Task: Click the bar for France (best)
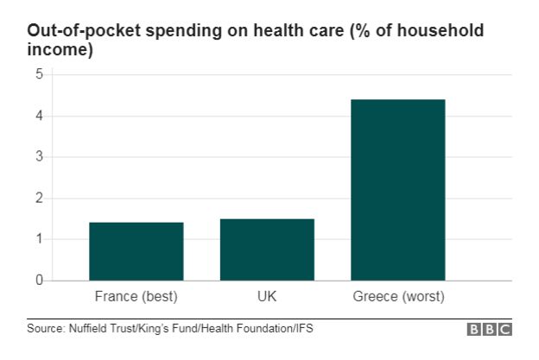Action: click(136, 251)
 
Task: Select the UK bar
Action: click(267, 249)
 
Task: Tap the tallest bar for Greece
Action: click(397, 190)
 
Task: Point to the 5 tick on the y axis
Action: click(39, 75)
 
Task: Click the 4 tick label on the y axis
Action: click(39, 116)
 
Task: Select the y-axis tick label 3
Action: click(39, 157)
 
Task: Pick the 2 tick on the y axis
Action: click(39, 199)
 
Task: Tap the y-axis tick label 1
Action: click(39, 239)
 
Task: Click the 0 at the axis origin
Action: click(39, 281)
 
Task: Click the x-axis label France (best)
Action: click(136, 298)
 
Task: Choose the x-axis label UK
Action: click(267, 298)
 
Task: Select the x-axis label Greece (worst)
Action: click(398, 298)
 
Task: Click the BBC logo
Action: click(490, 330)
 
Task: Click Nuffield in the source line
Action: click(91, 329)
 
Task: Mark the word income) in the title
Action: click(60, 51)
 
